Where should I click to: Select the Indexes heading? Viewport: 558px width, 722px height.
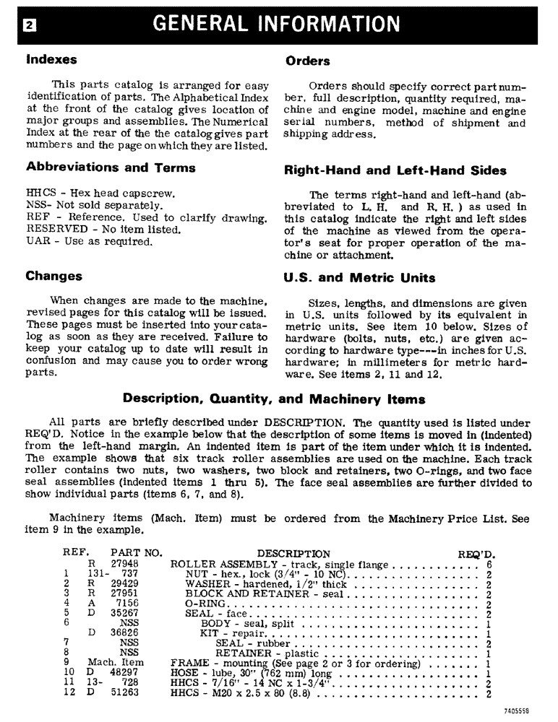tap(51, 58)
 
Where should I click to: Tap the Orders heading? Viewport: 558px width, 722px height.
tap(308, 61)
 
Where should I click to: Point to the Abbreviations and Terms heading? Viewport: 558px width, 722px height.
tap(111, 168)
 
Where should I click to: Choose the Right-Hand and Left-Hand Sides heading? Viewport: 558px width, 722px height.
tap(395, 171)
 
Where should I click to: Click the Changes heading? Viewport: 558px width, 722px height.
tap(54, 276)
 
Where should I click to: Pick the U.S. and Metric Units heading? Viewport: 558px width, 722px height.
tap(361, 277)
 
